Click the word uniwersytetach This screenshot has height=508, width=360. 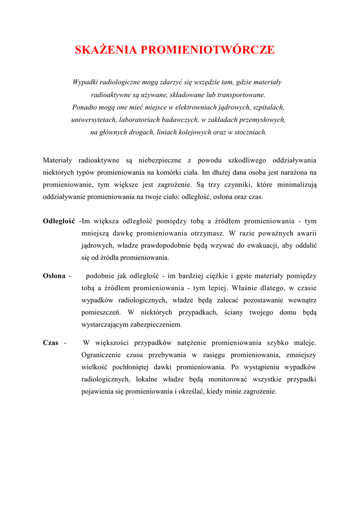pyautogui.click(x=93, y=120)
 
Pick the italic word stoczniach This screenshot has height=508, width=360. pyautogui.click(x=250, y=132)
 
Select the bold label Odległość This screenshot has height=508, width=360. pyautogui.click(x=59, y=221)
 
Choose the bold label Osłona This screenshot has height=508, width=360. pyautogui.click(x=54, y=276)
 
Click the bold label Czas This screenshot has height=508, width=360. pyautogui.click(x=51, y=343)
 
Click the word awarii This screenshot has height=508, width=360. pyautogui.click(x=305, y=233)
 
